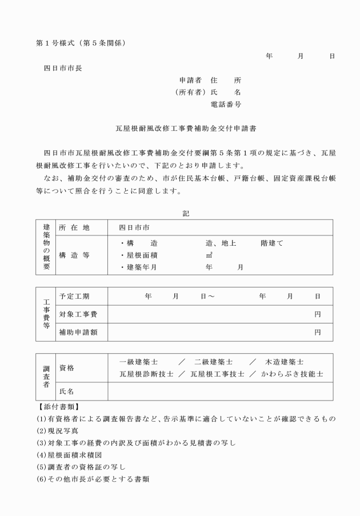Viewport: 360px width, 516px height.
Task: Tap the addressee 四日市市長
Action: coord(63,68)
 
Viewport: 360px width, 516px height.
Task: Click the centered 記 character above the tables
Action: coord(186,213)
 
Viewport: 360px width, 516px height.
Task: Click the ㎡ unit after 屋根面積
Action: coord(209,255)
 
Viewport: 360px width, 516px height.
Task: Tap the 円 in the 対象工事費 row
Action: coord(317,314)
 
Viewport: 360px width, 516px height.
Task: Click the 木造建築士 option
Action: coord(284,362)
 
